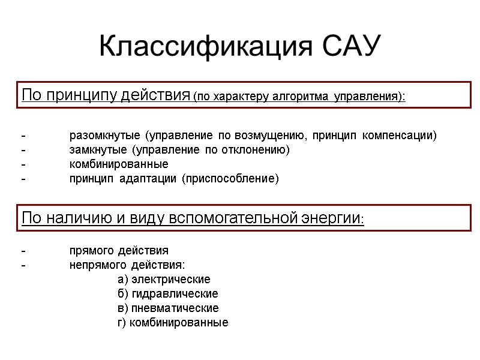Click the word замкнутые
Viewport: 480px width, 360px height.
pyautogui.click(x=98, y=149)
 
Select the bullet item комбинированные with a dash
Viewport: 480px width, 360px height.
pyautogui.click(x=119, y=164)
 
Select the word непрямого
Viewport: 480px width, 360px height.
pyautogui.click(x=97, y=265)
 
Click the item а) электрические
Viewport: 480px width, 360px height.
pyautogui.click(x=164, y=279)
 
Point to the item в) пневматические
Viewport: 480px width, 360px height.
pyautogui.click(x=168, y=308)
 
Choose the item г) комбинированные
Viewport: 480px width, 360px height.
pyautogui.click(x=173, y=322)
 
